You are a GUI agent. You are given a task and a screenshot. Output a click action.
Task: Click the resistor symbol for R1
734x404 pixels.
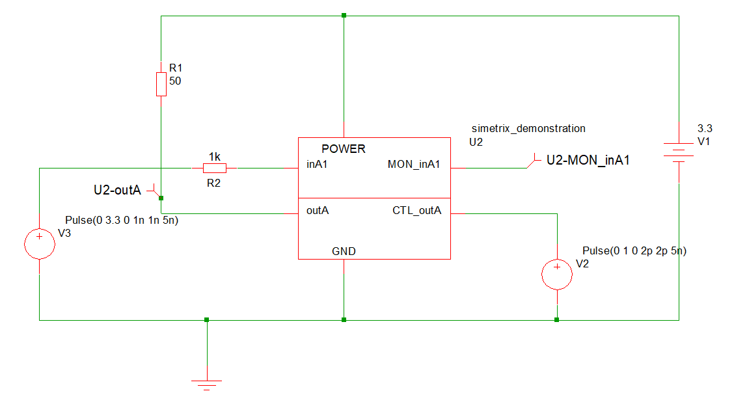click(x=161, y=84)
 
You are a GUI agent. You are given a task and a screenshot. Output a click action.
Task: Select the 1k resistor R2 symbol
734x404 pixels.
click(x=214, y=168)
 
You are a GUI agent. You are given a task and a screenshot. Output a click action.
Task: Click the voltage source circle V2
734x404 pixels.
click(x=557, y=273)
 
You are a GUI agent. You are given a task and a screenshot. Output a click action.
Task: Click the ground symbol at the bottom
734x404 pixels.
click(x=207, y=384)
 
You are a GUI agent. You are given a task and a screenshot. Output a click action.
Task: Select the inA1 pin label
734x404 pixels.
click(x=317, y=165)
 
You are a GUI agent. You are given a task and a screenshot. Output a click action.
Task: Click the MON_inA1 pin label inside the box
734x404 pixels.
click(x=414, y=165)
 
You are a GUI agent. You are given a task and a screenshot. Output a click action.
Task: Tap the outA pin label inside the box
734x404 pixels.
click(x=318, y=210)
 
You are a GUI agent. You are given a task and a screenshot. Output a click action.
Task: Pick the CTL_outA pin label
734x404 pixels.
click(x=417, y=210)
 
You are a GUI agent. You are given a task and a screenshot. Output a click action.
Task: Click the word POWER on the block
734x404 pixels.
click(x=344, y=149)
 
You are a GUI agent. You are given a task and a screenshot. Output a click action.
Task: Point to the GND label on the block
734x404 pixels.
click(x=344, y=251)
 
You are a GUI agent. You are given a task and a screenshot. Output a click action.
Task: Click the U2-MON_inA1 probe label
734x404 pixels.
click(x=588, y=159)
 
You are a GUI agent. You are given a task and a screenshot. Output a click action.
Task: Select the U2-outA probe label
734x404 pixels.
click(x=118, y=190)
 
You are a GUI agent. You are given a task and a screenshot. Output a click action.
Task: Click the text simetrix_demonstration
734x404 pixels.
click(x=528, y=128)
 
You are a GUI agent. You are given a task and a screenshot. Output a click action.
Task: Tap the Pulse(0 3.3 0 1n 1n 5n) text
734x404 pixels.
click(x=122, y=221)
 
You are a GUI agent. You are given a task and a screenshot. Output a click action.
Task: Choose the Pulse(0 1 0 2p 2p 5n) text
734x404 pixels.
click(x=634, y=250)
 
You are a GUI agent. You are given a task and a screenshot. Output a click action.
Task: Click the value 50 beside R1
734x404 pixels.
click(x=175, y=81)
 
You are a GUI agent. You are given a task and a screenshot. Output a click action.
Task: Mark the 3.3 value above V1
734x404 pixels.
click(x=705, y=128)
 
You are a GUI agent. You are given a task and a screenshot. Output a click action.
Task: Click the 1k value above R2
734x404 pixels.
click(x=214, y=157)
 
